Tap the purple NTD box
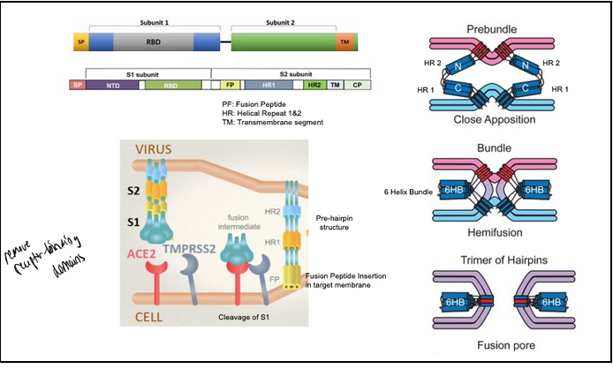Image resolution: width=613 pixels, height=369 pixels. tap(110, 85)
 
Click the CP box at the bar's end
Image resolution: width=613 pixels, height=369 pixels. tap(357, 85)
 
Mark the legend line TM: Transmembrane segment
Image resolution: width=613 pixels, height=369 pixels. tap(272, 122)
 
